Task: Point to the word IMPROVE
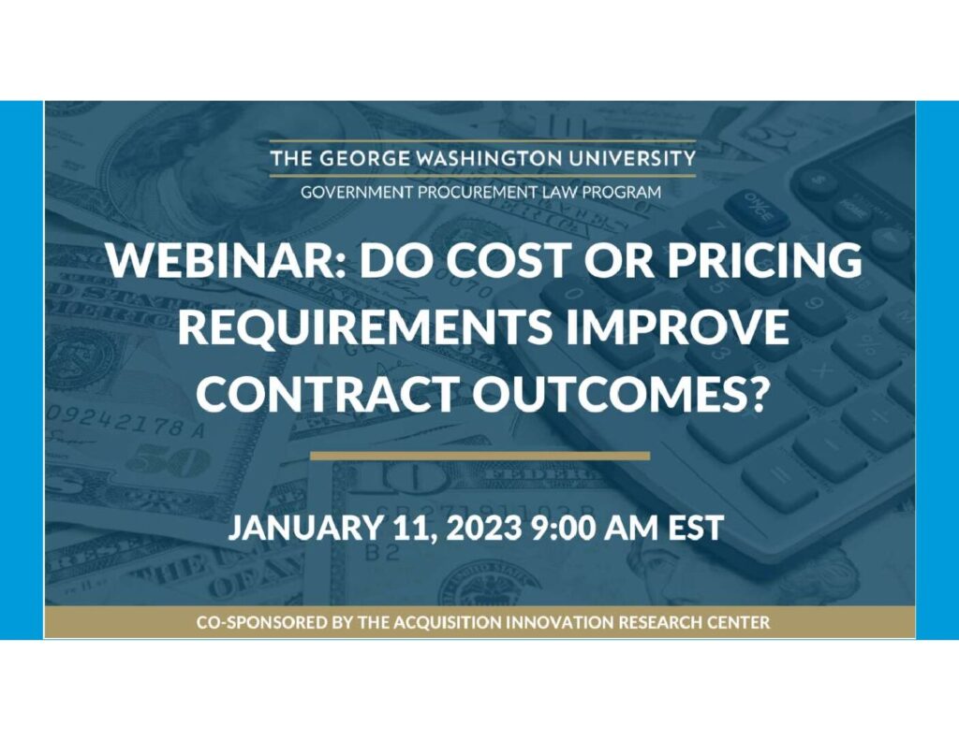[x=677, y=326]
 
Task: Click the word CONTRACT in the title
[x=328, y=393]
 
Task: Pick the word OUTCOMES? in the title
[x=620, y=393]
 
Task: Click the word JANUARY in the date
[x=304, y=528]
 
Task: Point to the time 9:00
[x=562, y=528]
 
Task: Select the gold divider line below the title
[x=480, y=456]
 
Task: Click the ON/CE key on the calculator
[x=757, y=210]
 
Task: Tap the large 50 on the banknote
[x=170, y=462]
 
